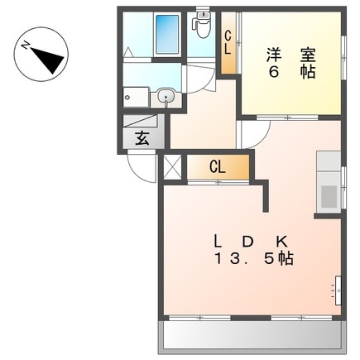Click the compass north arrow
tap(49, 60)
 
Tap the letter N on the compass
tap(26, 45)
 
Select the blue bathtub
tap(167, 34)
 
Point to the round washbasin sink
tap(166, 97)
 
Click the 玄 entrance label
tap(142, 138)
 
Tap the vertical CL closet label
tap(228, 43)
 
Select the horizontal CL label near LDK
tap(218, 167)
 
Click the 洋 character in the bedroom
tap(274, 55)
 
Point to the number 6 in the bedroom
tap(273, 72)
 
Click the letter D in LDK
tap(247, 242)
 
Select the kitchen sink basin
tap(329, 196)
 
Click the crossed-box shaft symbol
tap(172, 167)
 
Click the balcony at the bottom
tap(252, 338)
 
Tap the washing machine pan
tap(137, 97)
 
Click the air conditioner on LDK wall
tap(338, 290)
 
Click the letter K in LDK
tap(282, 242)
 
